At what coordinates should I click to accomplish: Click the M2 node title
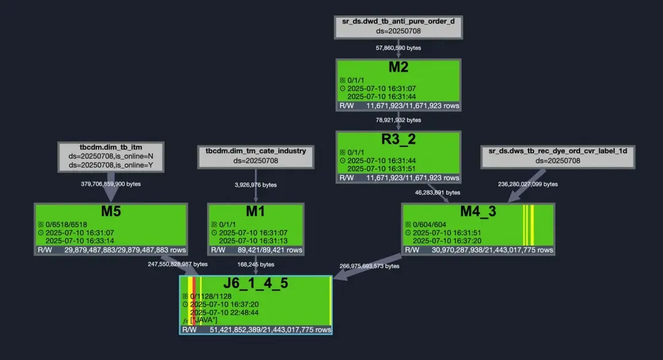[398, 67]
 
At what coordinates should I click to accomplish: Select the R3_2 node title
[398, 139]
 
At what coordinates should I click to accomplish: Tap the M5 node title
[111, 211]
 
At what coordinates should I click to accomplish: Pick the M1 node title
[255, 211]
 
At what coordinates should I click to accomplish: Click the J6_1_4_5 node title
[255, 284]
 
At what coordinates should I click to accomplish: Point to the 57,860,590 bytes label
[398, 47]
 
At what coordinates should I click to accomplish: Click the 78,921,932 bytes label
[398, 120]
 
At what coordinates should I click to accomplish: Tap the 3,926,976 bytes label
[255, 184]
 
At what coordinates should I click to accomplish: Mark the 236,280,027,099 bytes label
[527, 184]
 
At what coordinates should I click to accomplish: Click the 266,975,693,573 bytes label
[370, 266]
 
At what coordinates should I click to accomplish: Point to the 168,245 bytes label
[255, 265]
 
